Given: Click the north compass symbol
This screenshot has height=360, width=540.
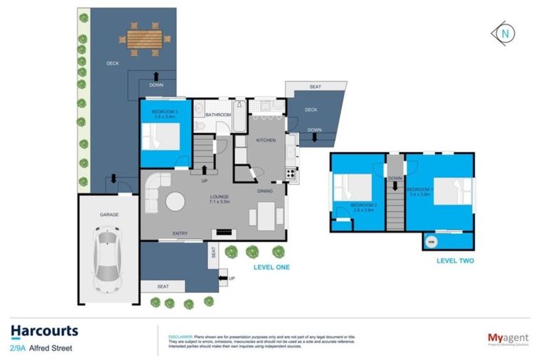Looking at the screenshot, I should (503, 32).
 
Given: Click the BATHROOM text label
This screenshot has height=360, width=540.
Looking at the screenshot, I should (218, 114).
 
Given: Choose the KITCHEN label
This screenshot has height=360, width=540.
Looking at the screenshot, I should (266, 140).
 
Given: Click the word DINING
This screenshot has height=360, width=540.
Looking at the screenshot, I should (264, 190).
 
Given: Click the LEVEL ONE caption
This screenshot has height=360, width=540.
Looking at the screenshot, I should (271, 267).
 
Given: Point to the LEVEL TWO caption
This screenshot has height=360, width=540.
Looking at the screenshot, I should (455, 261).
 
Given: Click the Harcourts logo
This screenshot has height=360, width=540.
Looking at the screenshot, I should (44, 331).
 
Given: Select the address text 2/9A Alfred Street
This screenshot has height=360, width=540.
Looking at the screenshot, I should (41, 347).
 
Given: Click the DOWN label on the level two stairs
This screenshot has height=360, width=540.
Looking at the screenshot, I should (394, 179).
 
